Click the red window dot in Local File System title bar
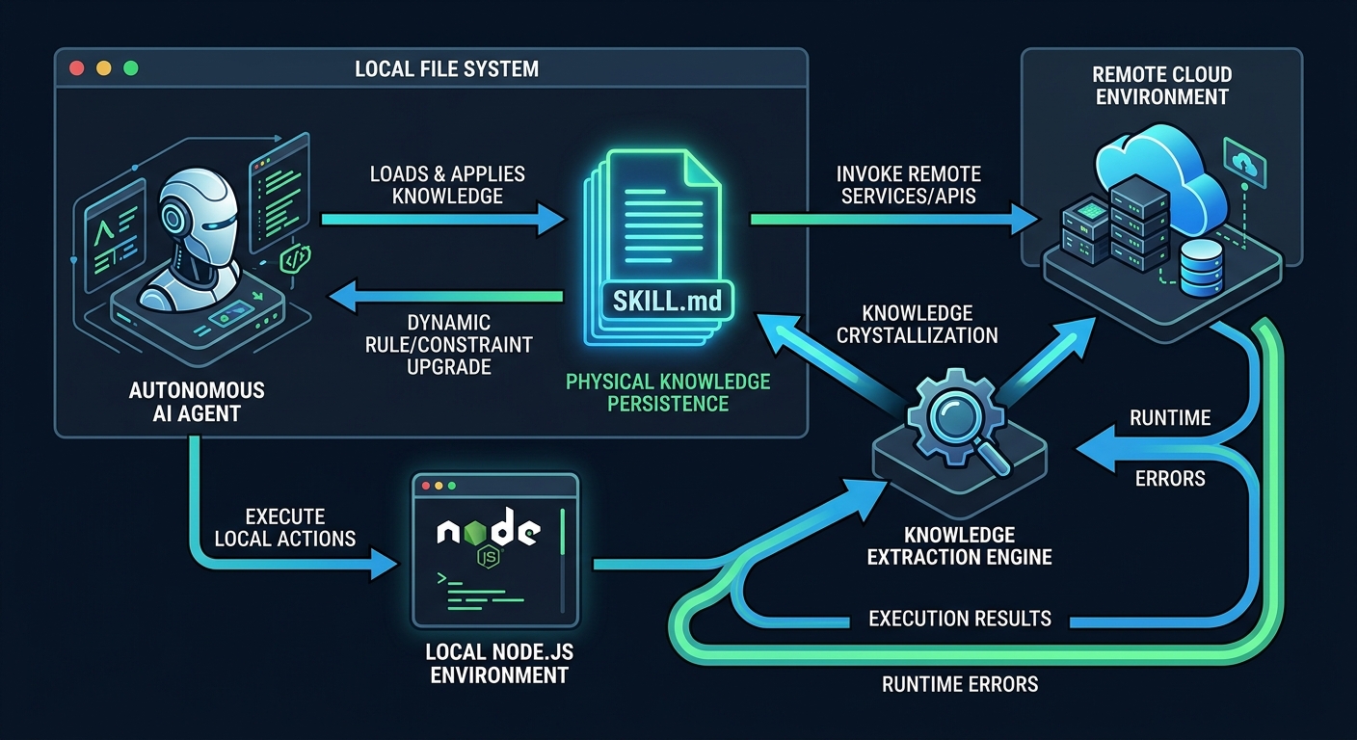(78, 69)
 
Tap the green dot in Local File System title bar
(131, 69)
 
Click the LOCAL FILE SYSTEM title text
(447, 69)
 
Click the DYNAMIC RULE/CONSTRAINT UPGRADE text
(449, 345)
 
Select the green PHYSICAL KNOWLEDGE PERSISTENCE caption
(668, 393)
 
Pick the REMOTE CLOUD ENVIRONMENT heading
(1161, 86)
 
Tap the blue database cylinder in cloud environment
(1200, 270)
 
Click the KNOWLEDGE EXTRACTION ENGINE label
(959, 545)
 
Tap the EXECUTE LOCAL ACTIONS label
(285, 527)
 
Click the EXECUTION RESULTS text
(959, 618)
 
